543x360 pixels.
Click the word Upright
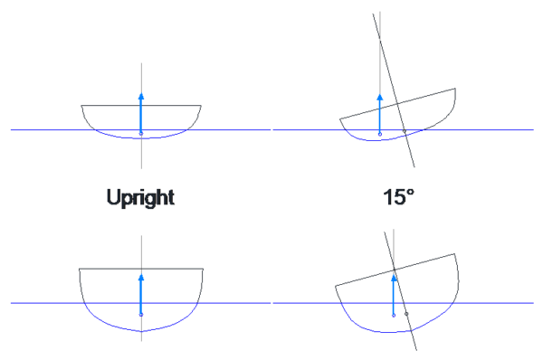pyautogui.click(x=140, y=197)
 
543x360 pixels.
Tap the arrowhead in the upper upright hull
pyautogui.click(x=141, y=94)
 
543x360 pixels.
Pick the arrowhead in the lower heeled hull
pyautogui.click(x=394, y=277)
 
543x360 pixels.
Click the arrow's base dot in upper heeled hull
pyautogui.click(x=380, y=133)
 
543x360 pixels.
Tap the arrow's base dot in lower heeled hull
pyautogui.click(x=394, y=316)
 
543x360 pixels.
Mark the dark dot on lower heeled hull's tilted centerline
pyautogui.click(x=407, y=314)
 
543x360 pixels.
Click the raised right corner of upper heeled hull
pyautogui.click(x=454, y=89)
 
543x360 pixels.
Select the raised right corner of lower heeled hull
pyautogui.click(x=458, y=254)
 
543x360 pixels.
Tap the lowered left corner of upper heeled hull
pyautogui.click(x=340, y=119)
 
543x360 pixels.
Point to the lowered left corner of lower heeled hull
pyautogui.click(x=337, y=286)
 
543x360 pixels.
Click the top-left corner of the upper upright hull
pyautogui.click(x=82, y=106)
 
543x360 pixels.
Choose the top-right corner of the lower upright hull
pyautogui.click(x=202, y=269)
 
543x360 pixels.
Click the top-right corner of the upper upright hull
pyautogui.click(x=200, y=106)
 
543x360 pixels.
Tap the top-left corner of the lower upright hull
pyautogui.click(x=80, y=269)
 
